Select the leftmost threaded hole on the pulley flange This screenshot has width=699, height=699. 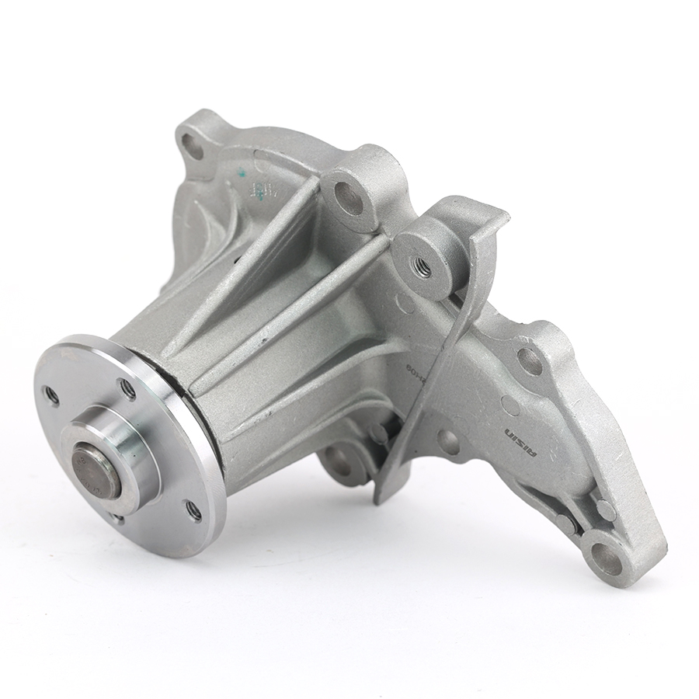(52, 396)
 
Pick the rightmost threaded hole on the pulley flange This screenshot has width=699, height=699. (193, 510)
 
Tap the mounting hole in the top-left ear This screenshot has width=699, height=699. (191, 145)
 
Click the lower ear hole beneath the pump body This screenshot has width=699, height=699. (336, 458)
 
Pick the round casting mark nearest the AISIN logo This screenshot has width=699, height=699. (510, 405)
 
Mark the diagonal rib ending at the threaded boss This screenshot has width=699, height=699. (311, 295)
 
